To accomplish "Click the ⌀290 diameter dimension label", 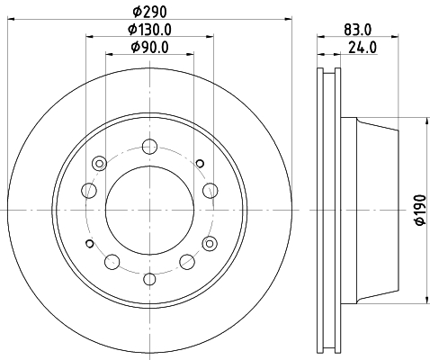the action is click(x=149, y=12).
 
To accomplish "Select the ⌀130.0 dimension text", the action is click(x=149, y=30).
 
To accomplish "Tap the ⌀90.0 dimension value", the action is click(x=149, y=47).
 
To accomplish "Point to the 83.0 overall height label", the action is click(x=357, y=30).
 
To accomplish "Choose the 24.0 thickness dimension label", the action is click(x=363, y=48).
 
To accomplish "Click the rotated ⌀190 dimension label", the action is click(x=420, y=210).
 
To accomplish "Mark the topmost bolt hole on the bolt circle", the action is click(x=149, y=147).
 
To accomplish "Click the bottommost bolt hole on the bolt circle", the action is click(x=149, y=279).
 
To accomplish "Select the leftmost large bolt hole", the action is click(x=89, y=191).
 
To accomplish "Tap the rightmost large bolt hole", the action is click(x=211, y=191).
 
